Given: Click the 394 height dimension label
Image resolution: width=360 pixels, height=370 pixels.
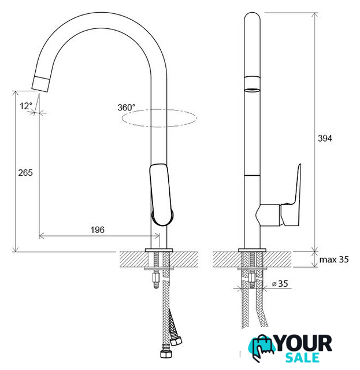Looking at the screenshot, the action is click(325, 138).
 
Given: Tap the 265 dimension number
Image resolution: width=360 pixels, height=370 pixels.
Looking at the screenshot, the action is click(25, 173).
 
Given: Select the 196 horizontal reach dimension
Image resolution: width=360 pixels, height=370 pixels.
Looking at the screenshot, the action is click(98, 230).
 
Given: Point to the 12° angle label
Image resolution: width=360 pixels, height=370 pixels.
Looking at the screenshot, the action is click(25, 106).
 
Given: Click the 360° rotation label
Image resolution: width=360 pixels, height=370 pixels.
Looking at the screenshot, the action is click(127, 108).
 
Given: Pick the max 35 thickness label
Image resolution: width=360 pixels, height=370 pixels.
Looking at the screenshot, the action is click(334, 260).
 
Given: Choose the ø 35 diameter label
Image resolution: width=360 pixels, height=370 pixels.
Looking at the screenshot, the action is click(280, 284).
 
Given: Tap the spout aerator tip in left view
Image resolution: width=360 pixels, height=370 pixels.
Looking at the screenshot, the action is click(41, 84).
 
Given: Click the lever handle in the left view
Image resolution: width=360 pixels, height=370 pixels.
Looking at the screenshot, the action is click(161, 194).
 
